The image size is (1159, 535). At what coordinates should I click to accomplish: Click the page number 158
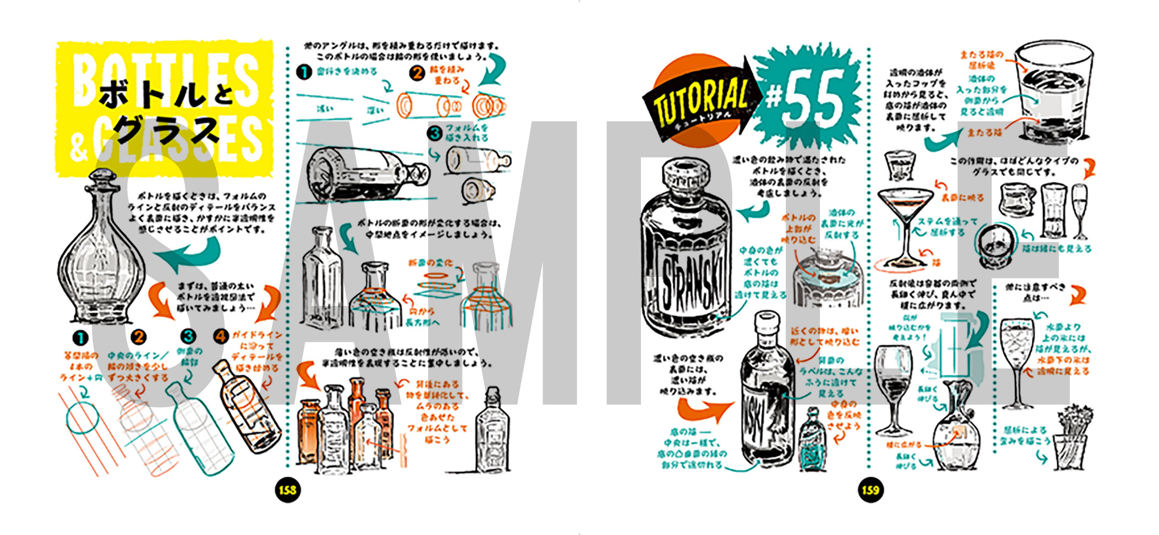(x=287, y=489)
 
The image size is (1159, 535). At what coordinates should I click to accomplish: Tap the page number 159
(x=870, y=489)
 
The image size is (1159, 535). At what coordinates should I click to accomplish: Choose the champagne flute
(x=1080, y=211)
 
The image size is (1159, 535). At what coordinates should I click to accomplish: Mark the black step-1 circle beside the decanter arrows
(x=80, y=337)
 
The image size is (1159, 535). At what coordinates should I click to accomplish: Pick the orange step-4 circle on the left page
(x=221, y=336)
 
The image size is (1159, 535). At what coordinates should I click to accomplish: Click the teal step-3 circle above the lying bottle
(x=435, y=133)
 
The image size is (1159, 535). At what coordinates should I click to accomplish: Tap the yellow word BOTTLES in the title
(x=165, y=77)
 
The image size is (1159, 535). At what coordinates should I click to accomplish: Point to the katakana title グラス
(x=165, y=132)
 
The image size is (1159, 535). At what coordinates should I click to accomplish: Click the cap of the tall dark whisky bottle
(x=766, y=325)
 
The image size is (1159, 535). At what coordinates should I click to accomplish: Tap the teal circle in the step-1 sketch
(x=83, y=419)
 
